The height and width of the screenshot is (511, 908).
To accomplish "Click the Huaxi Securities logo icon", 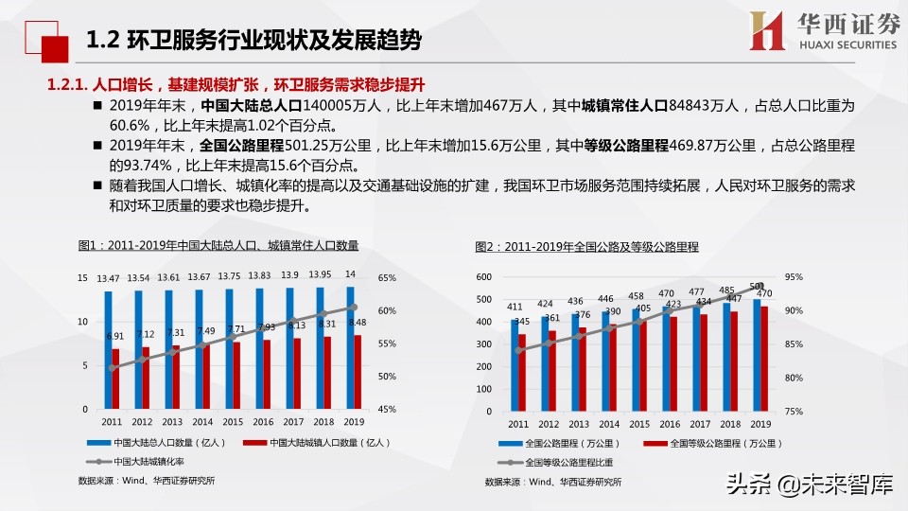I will coord(767,30).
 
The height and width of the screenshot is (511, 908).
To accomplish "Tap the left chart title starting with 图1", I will coord(218,246).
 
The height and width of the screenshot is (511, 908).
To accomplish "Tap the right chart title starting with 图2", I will coord(586,247).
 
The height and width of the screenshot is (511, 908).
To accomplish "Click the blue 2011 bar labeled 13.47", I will coord(108,350).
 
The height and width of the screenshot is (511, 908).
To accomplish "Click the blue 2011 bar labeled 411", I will coord(515,364).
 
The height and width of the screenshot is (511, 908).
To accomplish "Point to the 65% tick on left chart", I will coord(387,278).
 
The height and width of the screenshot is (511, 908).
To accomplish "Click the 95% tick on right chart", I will coord(794,277).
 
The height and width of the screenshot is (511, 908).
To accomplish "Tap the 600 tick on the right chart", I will coord(483,277).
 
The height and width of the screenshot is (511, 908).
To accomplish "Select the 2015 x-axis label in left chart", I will coord(234,422).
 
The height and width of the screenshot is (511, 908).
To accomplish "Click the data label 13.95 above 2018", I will coord(320,274).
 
